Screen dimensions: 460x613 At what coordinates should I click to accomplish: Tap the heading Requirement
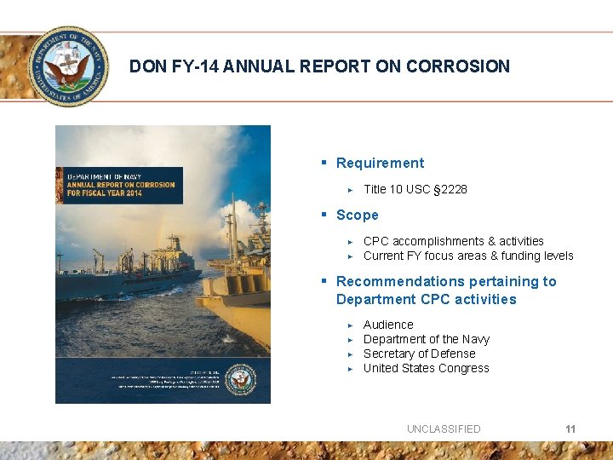click(380, 163)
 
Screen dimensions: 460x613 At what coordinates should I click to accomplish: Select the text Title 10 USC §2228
click(415, 189)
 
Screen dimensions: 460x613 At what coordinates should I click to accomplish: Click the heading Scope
click(357, 216)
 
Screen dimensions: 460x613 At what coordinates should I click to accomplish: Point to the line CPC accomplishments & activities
click(453, 241)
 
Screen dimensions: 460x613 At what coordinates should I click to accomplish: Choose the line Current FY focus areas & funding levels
click(468, 256)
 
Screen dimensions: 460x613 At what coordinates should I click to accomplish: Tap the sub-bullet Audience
click(388, 325)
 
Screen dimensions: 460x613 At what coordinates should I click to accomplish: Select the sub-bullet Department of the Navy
click(426, 339)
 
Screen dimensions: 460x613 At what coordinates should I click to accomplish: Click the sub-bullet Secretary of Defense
click(419, 354)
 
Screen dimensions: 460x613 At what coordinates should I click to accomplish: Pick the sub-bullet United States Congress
click(426, 368)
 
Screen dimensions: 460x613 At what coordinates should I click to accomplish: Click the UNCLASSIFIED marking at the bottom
click(444, 428)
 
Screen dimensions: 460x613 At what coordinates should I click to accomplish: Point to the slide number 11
click(570, 428)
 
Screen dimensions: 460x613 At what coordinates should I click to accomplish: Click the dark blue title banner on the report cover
click(119, 185)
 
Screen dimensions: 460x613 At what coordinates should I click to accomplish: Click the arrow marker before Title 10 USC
click(350, 190)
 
